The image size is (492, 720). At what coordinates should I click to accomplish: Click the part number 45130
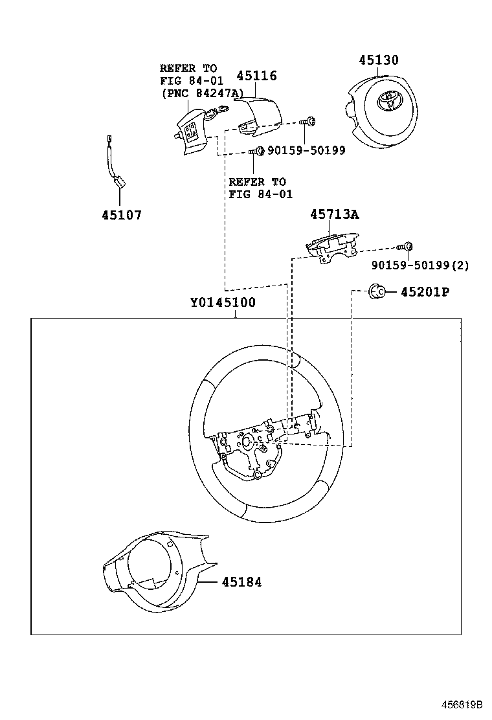[379, 60]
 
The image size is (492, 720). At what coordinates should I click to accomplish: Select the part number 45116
[256, 76]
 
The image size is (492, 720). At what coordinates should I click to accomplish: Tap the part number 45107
[121, 215]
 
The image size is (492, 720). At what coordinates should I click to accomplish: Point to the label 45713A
[334, 214]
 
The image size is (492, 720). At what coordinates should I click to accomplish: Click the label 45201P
[424, 292]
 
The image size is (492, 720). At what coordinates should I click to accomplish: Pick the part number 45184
[241, 582]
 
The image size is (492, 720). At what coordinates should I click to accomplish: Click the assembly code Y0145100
[223, 302]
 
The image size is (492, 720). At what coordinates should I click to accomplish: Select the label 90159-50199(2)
[421, 265]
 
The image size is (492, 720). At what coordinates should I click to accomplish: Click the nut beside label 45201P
[376, 291]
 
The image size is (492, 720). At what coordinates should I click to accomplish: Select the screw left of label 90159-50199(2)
[407, 246]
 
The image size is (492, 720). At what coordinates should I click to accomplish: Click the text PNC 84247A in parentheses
[202, 93]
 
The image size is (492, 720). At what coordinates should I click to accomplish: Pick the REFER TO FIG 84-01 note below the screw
[260, 188]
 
